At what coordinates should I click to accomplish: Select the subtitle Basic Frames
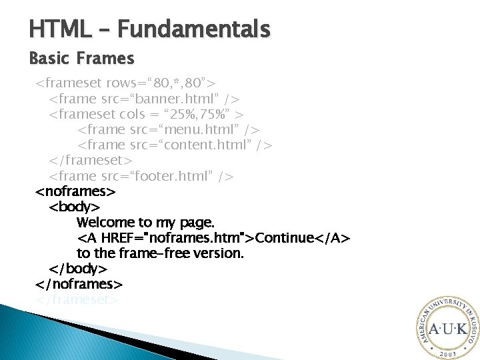click(81, 59)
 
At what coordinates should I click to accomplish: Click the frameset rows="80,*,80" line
click(125, 84)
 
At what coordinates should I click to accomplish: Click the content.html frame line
click(175, 145)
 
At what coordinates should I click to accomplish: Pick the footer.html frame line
click(141, 176)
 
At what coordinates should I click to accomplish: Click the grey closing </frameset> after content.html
click(91, 161)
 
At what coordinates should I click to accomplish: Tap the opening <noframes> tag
click(75, 192)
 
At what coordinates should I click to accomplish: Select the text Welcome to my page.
click(145, 222)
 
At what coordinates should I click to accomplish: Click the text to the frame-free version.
click(160, 253)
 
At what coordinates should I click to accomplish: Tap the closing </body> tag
click(78, 269)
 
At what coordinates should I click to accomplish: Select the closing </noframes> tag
click(79, 284)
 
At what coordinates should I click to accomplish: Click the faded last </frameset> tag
click(77, 299)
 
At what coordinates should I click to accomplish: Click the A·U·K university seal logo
click(447, 328)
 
